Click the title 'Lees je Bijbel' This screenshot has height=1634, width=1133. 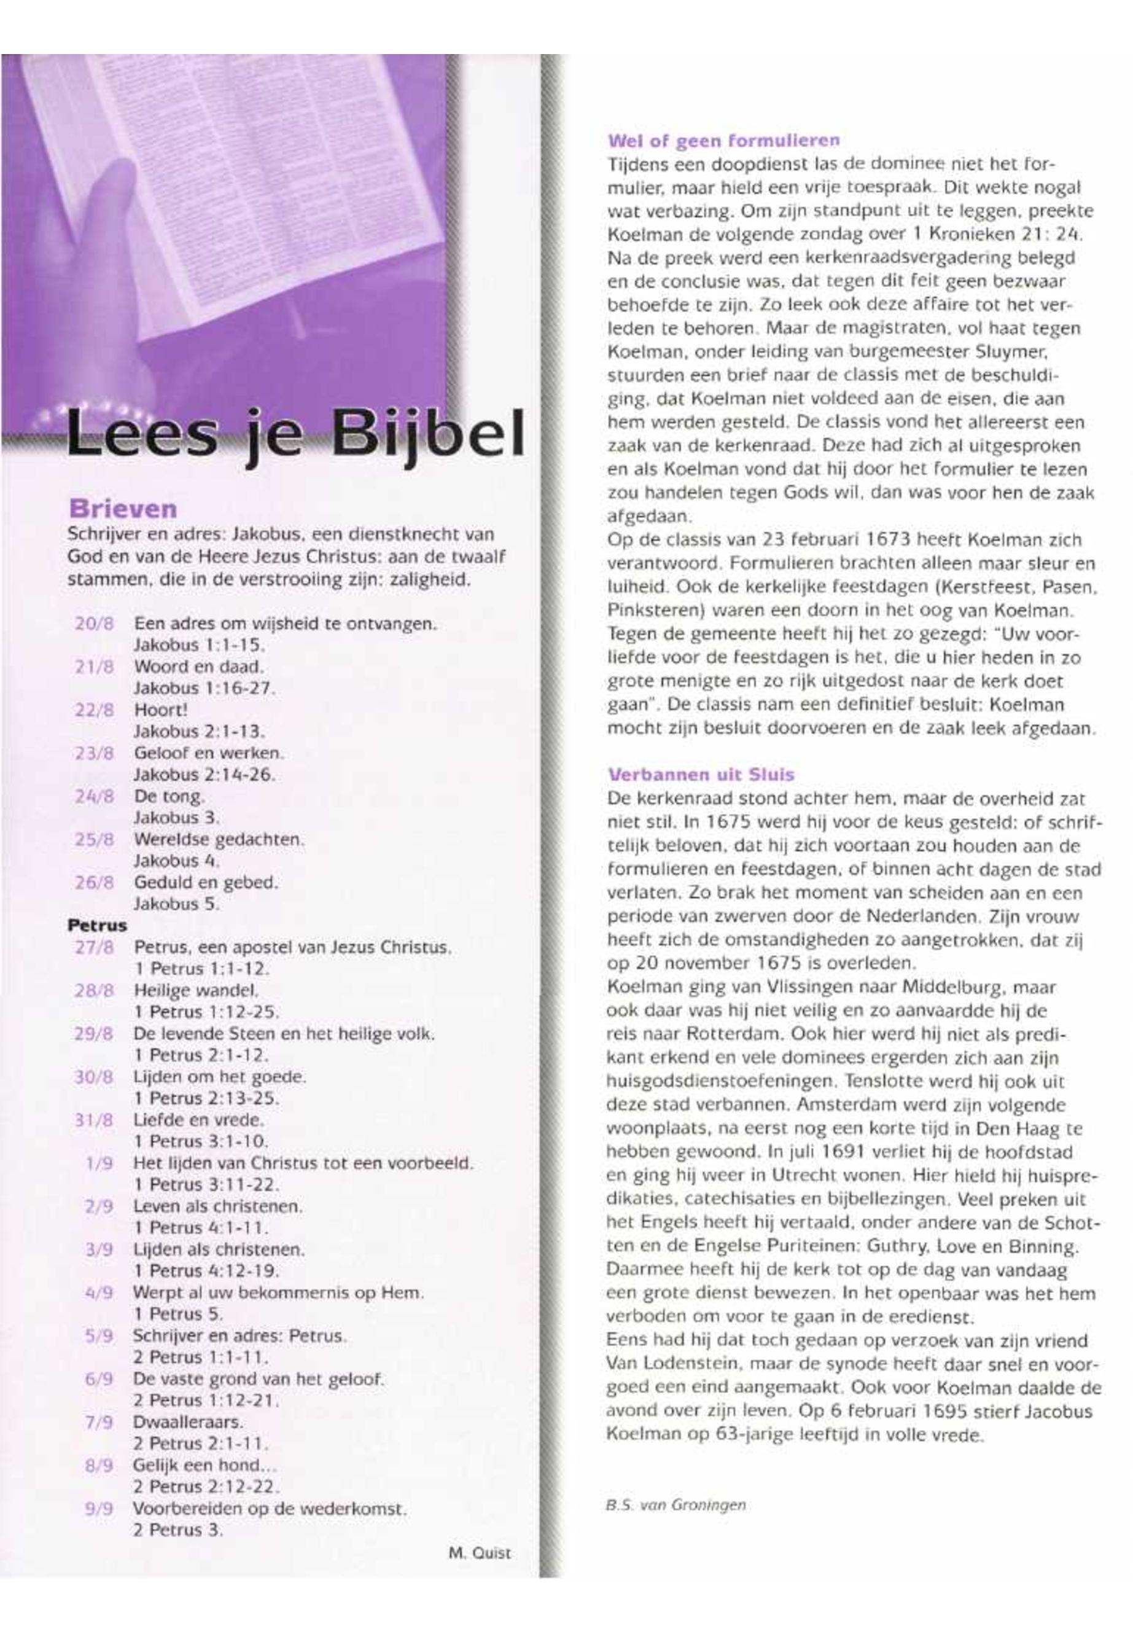click(295, 434)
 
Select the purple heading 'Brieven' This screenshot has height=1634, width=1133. click(122, 509)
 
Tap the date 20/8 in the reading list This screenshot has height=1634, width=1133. click(94, 624)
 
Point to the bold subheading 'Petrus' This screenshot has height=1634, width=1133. click(97, 925)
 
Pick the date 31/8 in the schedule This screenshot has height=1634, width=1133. click(94, 1120)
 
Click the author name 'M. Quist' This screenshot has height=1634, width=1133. click(479, 1552)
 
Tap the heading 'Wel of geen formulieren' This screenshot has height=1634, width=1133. click(723, 141)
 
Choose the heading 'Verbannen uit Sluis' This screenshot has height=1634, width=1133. click(701, 774)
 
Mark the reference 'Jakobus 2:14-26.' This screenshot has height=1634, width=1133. click(204, 774)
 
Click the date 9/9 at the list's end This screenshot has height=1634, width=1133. click(98, 1509)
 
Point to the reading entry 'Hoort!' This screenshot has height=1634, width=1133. click(161, 709)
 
